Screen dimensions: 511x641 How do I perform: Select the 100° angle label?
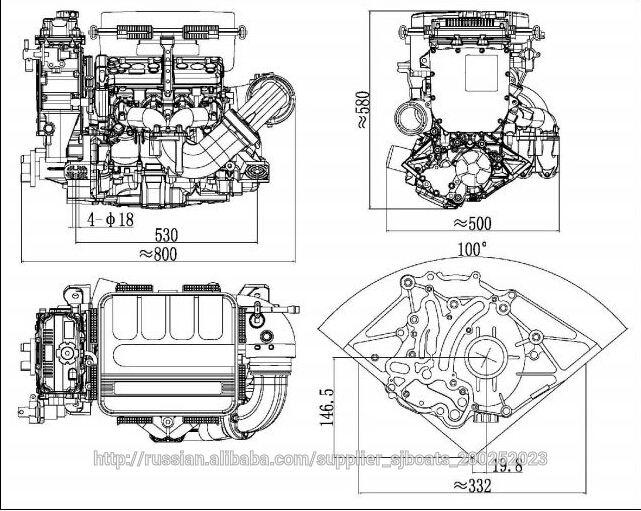pos(471,248)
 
